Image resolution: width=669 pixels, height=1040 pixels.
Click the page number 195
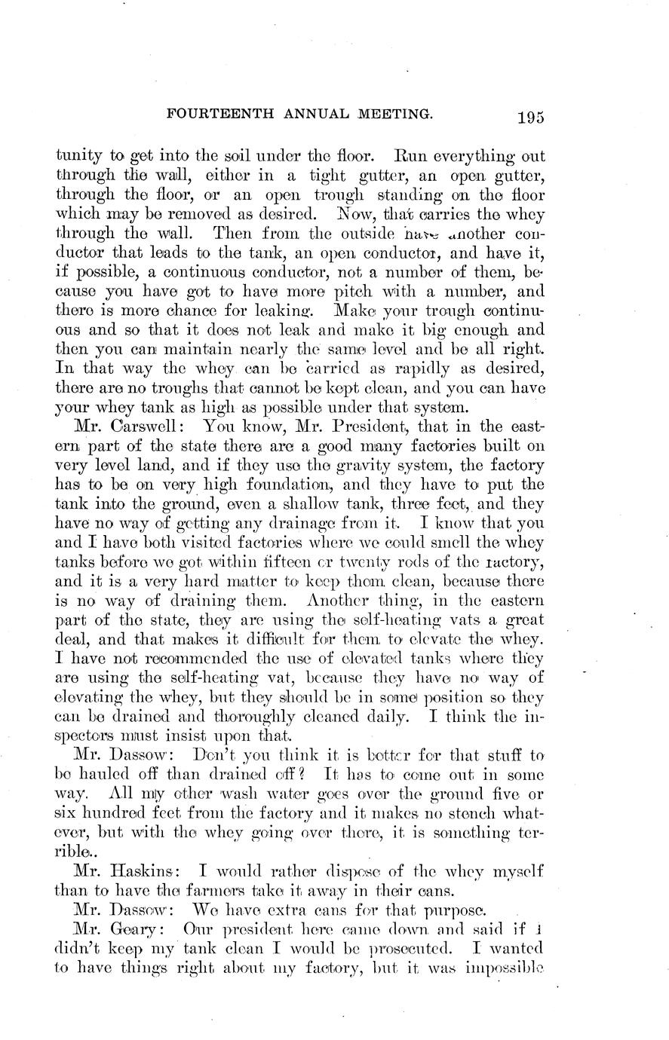(531, 117)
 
